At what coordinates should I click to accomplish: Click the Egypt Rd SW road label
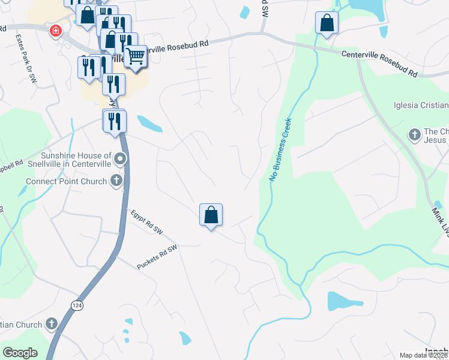(146, 222)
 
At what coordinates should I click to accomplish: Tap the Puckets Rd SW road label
(158, 256)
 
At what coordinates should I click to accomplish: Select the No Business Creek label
(280, 150)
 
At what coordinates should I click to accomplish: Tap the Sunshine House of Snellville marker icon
(120, 159)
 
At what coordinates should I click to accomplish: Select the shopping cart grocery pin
(136, 56)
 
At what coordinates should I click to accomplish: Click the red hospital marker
(56, 30)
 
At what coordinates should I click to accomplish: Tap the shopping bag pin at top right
(327, 23)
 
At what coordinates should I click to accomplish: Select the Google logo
(20, 353)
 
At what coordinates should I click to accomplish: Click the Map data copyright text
(423, 355)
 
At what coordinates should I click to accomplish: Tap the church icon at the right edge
(414, 134)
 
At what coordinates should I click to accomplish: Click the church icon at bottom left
(52, 324)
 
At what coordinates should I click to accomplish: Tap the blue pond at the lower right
(340, 301)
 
